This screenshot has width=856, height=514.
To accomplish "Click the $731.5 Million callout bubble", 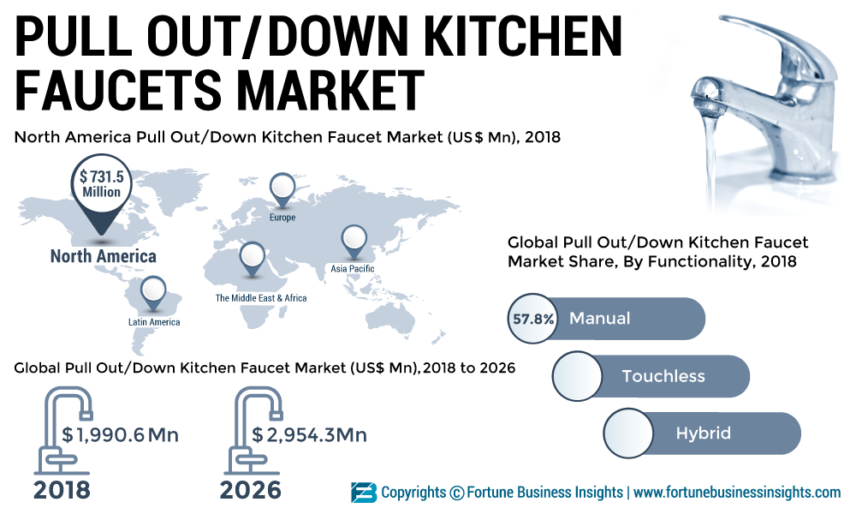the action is (x=101, y=185).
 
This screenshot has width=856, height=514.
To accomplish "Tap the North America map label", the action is (x=103, y=256).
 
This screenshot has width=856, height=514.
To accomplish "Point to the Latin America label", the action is (x=154, y=322).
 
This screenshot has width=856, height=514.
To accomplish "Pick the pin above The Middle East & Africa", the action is (x=252, y=256).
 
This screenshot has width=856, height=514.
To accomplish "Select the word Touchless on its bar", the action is (x=663, y=376).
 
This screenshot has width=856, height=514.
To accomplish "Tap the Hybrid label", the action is (x=703, y=433).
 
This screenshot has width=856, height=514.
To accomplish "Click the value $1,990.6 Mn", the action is (x=120, y=435).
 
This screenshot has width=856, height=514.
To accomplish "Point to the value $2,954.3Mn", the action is (x=309, y=435).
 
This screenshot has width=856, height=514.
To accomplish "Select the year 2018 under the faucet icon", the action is (x=62, y=490).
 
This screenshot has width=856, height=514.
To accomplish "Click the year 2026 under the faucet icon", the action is (x=250, y=490).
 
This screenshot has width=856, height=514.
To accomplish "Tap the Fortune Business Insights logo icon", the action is (x=363, y=493).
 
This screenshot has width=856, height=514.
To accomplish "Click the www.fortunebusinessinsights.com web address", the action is (x=737, y=493).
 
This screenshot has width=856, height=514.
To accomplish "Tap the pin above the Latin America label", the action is (x=154, y=291).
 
